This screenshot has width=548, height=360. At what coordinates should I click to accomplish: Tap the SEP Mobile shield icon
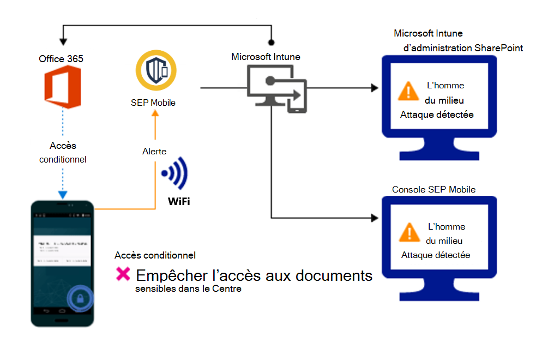pyautogui.click(x=156, y=70)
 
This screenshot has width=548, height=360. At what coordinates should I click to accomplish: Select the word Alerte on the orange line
pyautogui.click(x=155, y=151)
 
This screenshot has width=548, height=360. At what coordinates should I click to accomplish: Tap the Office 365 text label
pyautogui.click(x=61, y=58)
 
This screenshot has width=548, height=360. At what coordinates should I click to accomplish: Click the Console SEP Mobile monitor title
pyautogui.click(x=433, y=189)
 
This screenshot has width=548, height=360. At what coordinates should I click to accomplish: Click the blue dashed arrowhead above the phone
pyautogui.click(x=63, y=195)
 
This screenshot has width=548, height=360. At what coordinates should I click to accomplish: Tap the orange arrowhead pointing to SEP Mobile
pyautogui.click(x=155, y=113)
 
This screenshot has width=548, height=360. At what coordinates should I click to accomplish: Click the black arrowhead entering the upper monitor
pyautogui.click(x=375, y=88)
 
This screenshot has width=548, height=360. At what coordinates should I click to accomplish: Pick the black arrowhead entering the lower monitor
pyautogui.click(x=375, y=218)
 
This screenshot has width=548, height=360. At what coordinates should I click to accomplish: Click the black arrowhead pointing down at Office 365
pyautogui.click(x=64, y=41)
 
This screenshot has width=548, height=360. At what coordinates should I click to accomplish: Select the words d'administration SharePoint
pyautogui.click(x=462, y=48)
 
